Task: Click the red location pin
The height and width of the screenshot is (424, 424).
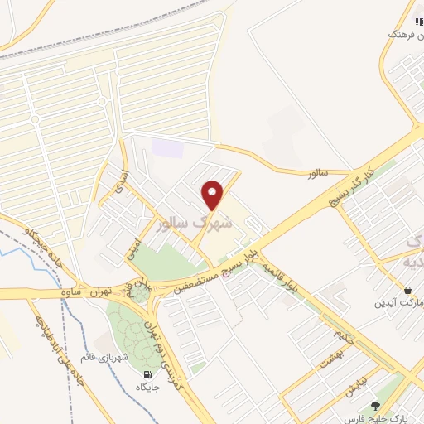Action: point(214,195)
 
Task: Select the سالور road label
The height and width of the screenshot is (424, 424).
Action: point(317,173)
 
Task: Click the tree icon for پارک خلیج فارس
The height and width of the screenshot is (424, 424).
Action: point(377,406)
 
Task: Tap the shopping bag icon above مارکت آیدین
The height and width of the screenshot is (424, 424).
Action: point(409,291)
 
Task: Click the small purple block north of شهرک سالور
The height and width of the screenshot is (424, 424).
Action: point(166,148)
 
